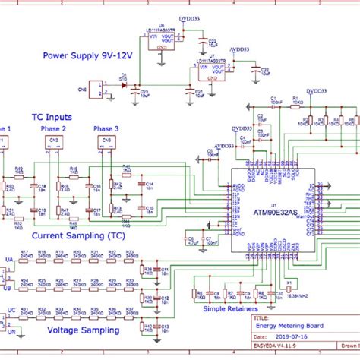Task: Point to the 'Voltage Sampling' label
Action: pyautogui.click(x=84, y=330)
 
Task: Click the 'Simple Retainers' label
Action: pyautogui.click(x=230, y=309)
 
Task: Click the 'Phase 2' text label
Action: pyautogui.click(x=53, y=129)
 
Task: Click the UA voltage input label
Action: pyautogui.click(x=9, y=261)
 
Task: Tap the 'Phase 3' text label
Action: pyautogui.click(x=106, y=129)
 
